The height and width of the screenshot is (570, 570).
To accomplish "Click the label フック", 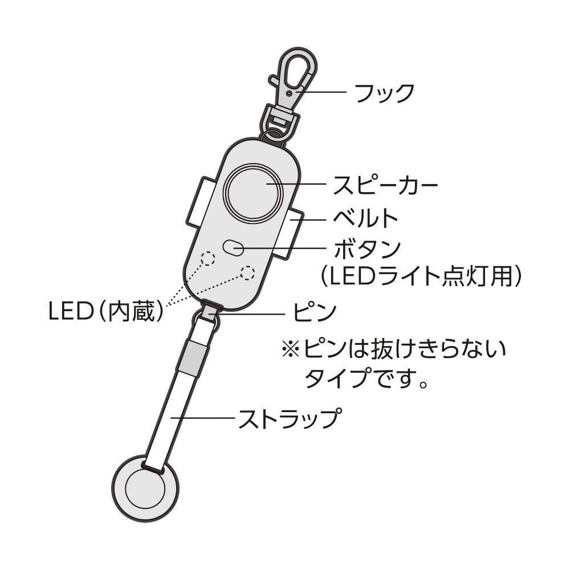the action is (x=384, y=93).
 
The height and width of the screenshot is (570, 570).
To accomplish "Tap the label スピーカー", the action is (x=385, y=185).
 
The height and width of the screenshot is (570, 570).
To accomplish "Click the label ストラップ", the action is (x=290, y=420).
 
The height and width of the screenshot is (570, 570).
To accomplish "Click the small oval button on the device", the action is (x=234, y=248).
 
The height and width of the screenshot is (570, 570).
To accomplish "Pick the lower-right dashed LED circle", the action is (x=247, y=272).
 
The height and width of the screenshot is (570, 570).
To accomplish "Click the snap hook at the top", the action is (x=293, y=80).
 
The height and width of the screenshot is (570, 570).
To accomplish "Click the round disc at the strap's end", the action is (x=145, y=487).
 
